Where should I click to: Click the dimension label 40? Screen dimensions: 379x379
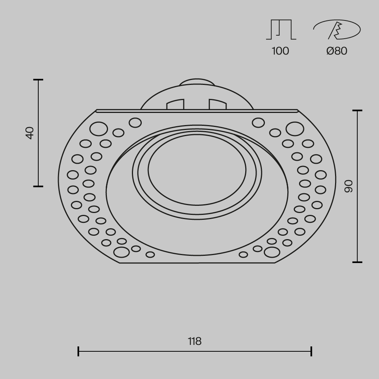click(x=30, y=133)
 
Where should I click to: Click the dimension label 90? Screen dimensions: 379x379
click(x=348, y=186)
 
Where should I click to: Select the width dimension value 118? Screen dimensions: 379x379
click(x=195, y=341)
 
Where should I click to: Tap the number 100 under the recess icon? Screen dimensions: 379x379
click(x=280, y=51)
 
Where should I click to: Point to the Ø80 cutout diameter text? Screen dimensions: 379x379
click(x=337, y=51)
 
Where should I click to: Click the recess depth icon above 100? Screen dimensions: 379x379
click(x=281, y=30)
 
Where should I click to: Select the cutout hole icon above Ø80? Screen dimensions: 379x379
click(x=337, y=30)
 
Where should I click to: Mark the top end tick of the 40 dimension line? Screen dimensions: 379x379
click(x=38, y=80)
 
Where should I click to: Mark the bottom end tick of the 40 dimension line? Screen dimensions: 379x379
click(x=38, y=186)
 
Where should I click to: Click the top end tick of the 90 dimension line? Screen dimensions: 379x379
click(x=357, y=111)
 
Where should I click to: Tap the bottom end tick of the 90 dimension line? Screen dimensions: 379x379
click(x=357, y=262)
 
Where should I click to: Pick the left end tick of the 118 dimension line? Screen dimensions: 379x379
click(x=78, y=351)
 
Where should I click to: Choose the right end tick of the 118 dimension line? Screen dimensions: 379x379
click(x=311, y=351)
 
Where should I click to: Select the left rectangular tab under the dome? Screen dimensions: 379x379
click(x=175, y=105)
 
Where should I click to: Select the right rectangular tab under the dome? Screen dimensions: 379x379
click(x=217, y=105)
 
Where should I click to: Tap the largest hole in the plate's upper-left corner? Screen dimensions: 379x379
click(x=98, y=129)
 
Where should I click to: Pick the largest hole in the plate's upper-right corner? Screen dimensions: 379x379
click(x=294, y=129)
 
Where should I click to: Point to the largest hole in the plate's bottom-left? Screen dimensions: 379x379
click(x=121, y=251)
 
